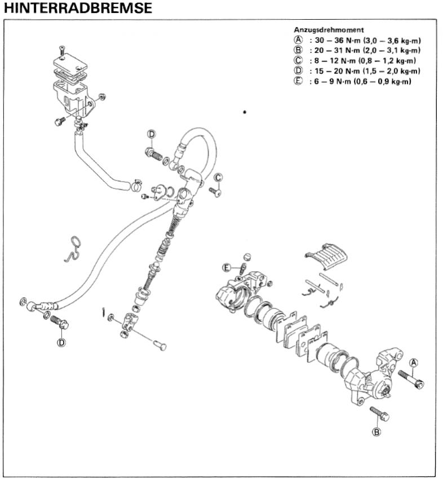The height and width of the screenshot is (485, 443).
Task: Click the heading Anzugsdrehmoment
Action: coord(329,29)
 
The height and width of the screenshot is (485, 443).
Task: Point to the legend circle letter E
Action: coord(298,81)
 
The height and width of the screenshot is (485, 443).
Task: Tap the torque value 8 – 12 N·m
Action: coord(335,61)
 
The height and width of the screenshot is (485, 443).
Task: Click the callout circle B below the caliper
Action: coord(376,432)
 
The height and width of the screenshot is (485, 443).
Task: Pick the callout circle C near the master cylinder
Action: coord(218,178)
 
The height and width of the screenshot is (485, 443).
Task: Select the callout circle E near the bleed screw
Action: coord(227,267)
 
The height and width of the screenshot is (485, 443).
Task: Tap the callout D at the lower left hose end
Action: coord(61,342)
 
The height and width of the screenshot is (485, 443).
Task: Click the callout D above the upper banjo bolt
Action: coord(151,134)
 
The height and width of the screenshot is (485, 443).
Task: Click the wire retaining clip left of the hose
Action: coord(71,249)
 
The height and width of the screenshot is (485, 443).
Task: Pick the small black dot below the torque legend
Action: coord(244,112)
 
